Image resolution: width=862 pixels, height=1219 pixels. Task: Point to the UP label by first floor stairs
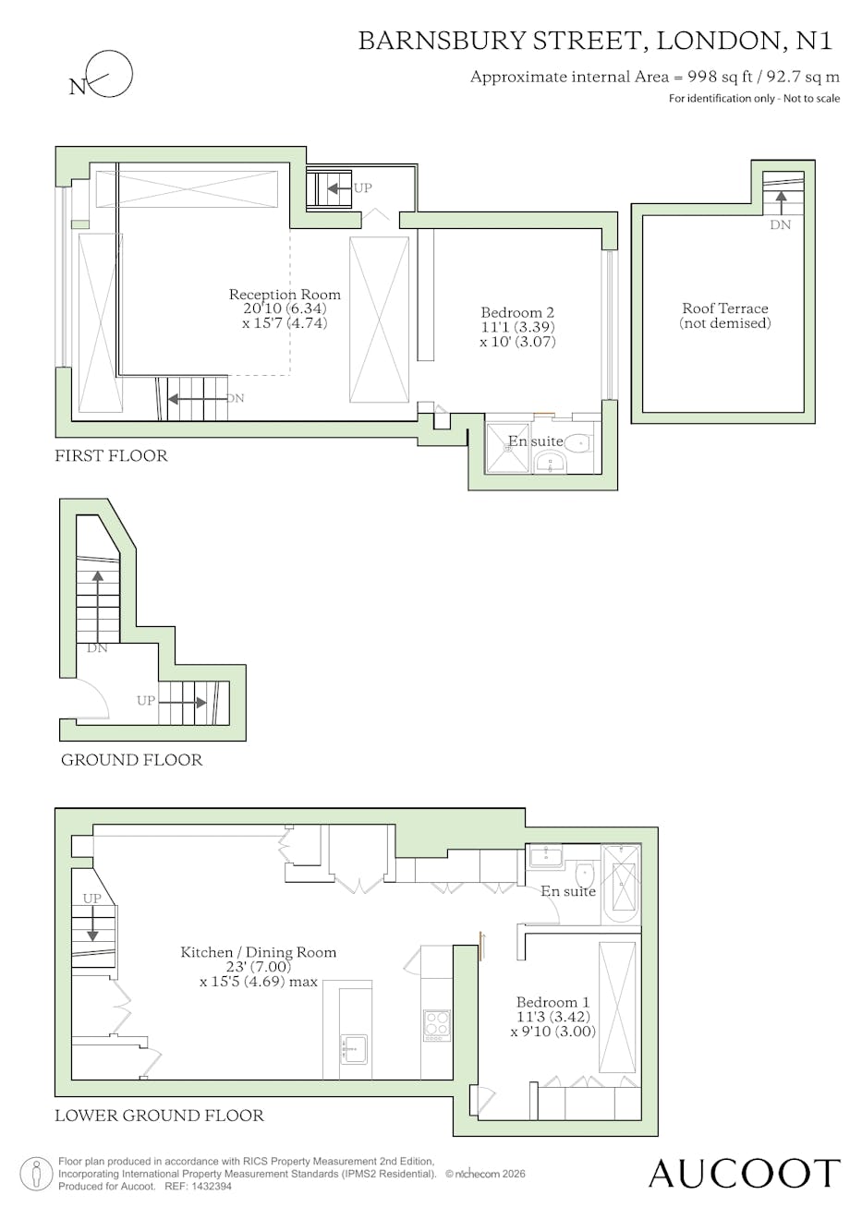point(363,187)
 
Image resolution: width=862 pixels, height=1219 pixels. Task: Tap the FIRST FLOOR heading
point(111,455)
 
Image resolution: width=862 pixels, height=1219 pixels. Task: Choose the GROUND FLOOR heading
point(132,760)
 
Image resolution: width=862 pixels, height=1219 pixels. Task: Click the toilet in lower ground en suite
point(585,875)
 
